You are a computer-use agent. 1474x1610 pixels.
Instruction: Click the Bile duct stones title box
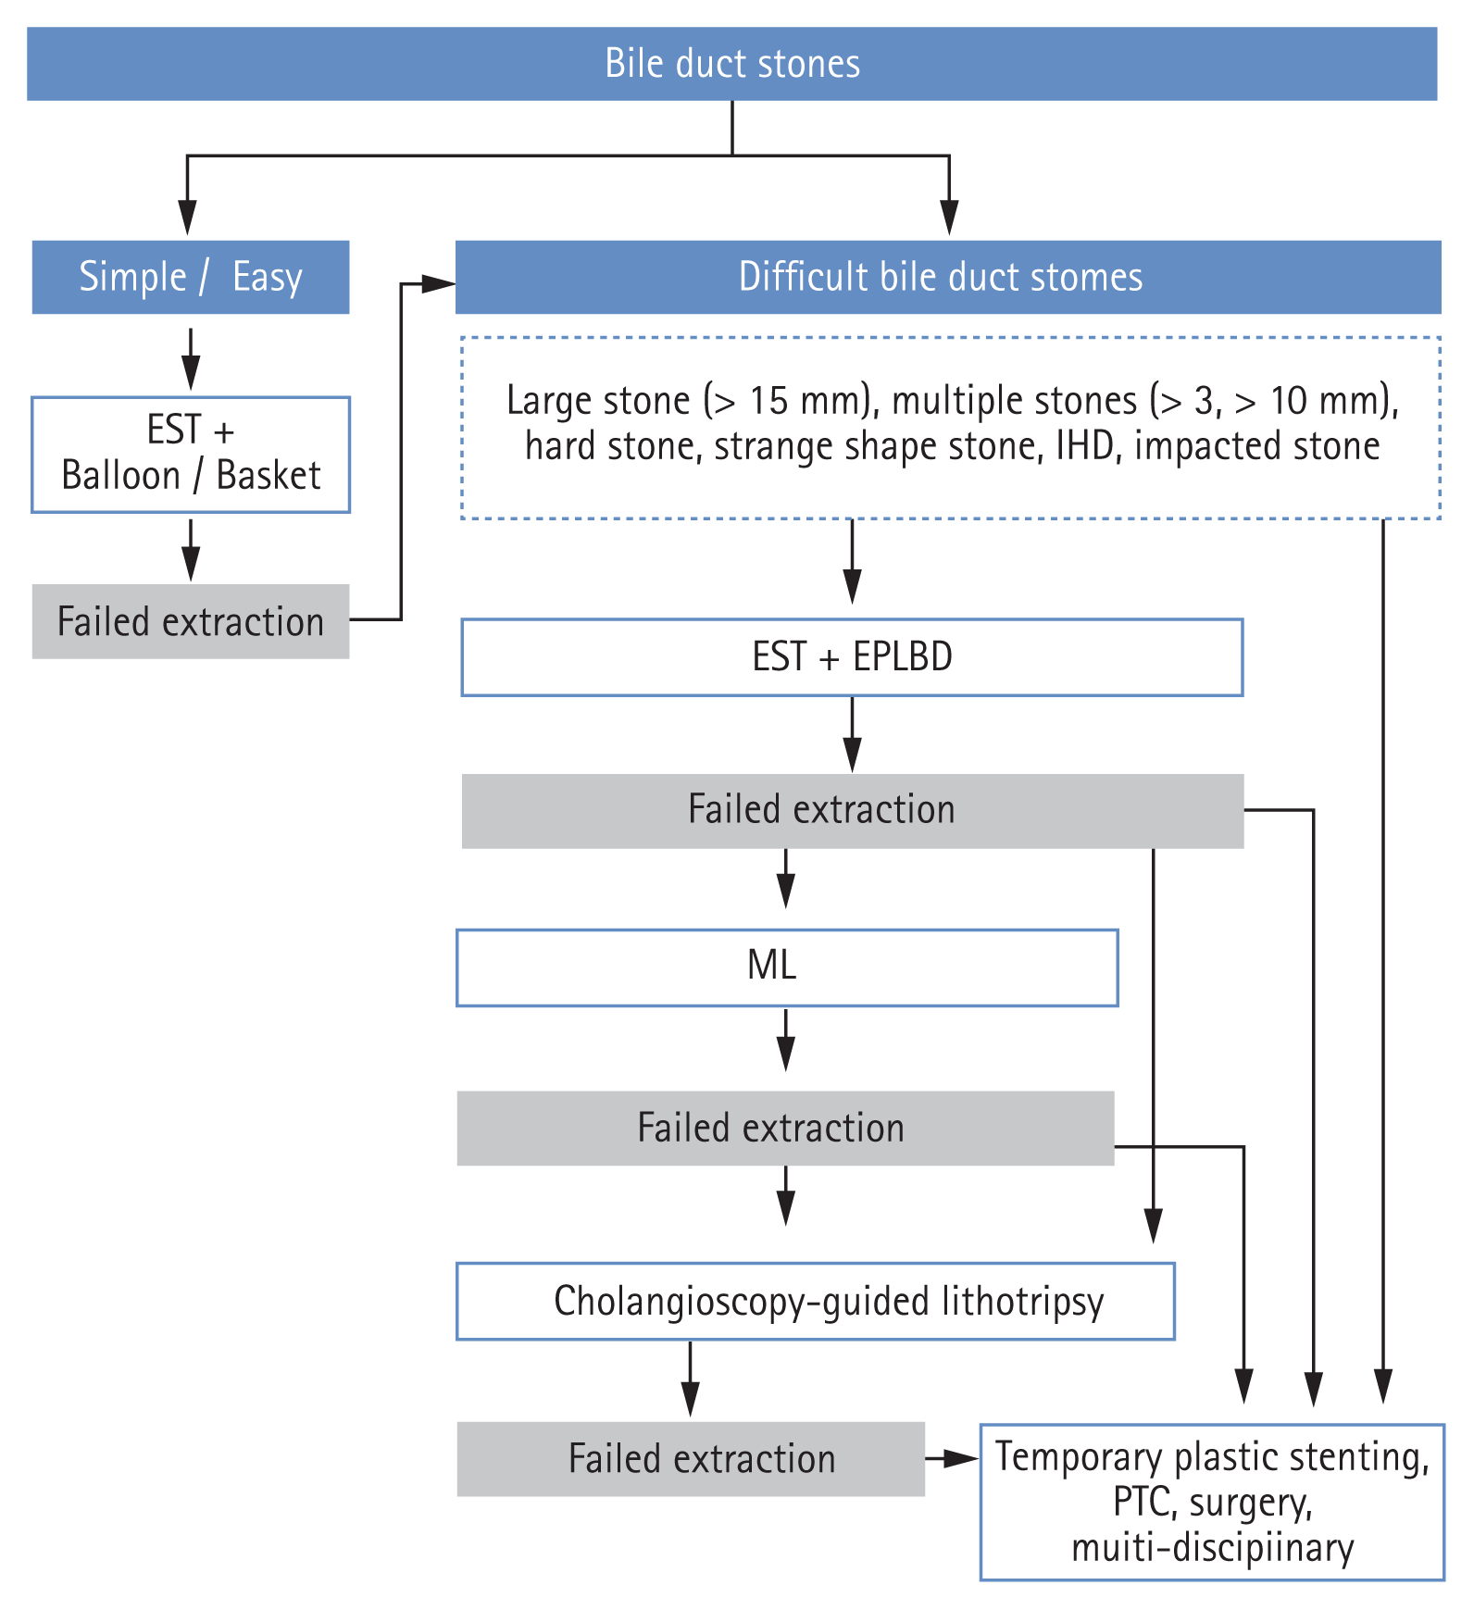[x=731, y=64]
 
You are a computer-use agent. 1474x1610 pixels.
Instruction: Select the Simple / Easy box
[x=191, y=277]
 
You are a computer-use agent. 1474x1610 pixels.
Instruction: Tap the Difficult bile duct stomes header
[x=947, y=277]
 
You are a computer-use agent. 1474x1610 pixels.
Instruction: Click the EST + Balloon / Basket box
[x=191, y=455]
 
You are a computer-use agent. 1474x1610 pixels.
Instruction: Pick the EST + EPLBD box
[x=852, y=657]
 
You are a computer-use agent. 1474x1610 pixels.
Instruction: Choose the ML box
[x=787, y=967]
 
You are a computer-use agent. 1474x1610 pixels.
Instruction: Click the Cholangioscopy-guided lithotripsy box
[x=815, y=1301]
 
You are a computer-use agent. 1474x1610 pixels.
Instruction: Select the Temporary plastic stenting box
[x=1211, y=1502]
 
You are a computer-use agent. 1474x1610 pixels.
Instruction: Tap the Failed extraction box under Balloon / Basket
[x=191, y=621]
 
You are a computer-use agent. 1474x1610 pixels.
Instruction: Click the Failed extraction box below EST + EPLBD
[x=852, y=811]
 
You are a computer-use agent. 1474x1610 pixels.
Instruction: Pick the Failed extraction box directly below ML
[x=785, y=1128]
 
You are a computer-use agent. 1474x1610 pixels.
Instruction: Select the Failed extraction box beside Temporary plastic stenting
[x=691, y=1459]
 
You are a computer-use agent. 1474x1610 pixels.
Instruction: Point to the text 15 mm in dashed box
[x=806, y=401]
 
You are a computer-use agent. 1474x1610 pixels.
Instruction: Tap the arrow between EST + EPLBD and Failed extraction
[x=852, y=734]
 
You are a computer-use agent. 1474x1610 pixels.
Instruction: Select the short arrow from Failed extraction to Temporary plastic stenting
[x=952, y=1459]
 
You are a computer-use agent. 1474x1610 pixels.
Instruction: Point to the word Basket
[x=268, y=476]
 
